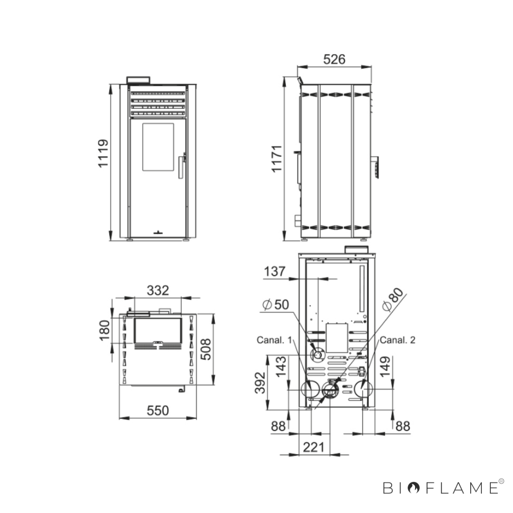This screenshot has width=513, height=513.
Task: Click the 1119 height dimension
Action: coord(103,153)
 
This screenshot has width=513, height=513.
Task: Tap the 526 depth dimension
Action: coord(334,59)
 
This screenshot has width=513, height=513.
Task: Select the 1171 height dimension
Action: coord(277,159)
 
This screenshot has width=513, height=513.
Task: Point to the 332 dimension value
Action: coord(158,290)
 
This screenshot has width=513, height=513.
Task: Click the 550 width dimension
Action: coord(158,410)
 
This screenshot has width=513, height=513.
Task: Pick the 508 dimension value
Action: coord(206,350)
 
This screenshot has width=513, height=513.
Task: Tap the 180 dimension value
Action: coord(104,330)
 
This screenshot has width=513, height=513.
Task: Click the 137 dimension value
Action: coord(274,272)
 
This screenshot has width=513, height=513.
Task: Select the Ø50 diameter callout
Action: coord(275,304)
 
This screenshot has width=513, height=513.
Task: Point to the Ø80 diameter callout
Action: coord(393,300)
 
